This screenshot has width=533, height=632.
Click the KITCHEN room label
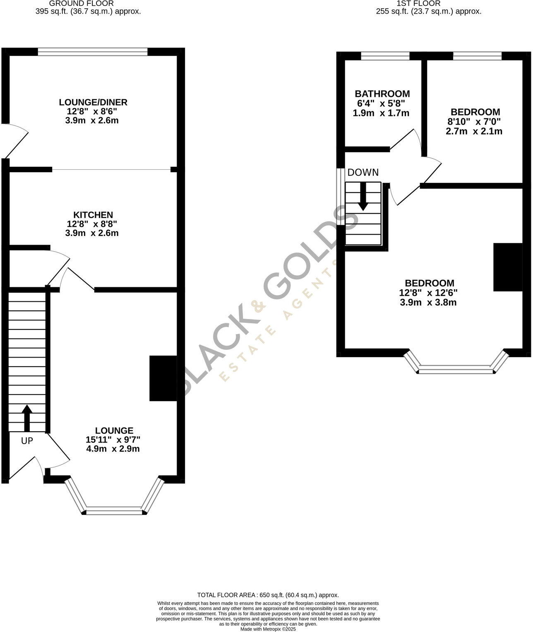(93, 215)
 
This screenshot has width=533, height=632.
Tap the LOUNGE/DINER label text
(93, 102)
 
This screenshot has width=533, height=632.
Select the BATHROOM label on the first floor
(382, 94)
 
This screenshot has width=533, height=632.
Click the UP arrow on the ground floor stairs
(27, 418)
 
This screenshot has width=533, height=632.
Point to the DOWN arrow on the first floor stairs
(363, 197)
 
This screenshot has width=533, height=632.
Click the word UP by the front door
(27, 441)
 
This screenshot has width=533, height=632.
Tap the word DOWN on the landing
(363, 173)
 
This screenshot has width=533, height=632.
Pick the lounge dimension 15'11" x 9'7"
(113, 440)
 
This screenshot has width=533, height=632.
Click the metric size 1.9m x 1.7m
(381, 113)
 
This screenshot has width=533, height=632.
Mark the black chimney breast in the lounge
(163, 378)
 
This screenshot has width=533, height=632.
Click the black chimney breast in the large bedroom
(507, 267)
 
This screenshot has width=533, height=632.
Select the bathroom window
(385, 56)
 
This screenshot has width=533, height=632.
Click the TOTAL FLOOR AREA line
(268, 595)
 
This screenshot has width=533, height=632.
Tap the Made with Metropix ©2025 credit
(268, 629)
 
